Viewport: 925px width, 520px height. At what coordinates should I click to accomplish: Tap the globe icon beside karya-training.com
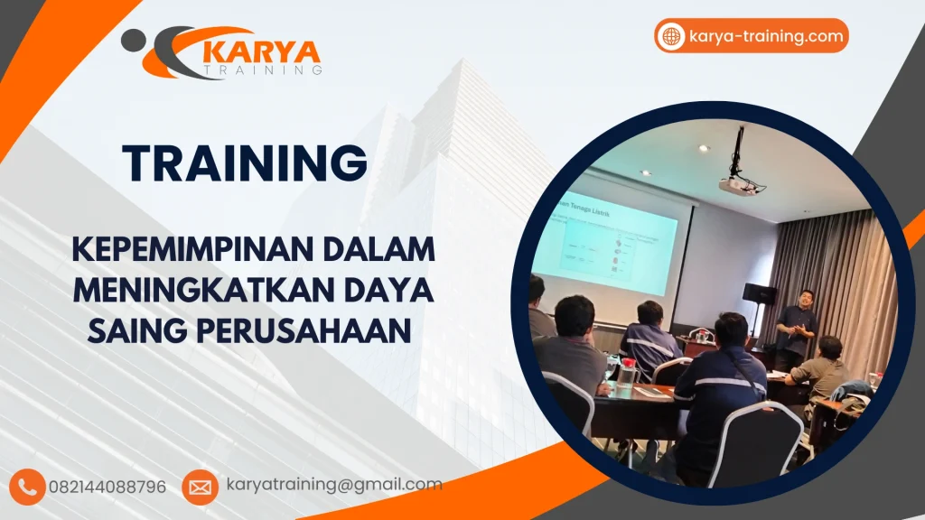click(x=671, y=36)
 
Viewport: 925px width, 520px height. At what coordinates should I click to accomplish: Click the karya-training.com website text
click(x=766, y=36)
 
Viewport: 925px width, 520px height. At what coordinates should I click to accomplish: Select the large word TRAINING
click(x=245, y=164)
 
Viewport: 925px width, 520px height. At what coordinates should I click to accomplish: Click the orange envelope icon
click(x=200, y=487)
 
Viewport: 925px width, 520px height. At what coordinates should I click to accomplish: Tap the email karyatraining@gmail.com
click(x=334, y=484)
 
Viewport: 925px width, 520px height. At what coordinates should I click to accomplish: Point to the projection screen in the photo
click(x=614, y=244)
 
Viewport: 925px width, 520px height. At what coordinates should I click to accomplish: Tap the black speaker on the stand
click(x=759, y=293)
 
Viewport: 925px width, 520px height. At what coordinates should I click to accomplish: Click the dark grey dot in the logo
click(x=134, y=39)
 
